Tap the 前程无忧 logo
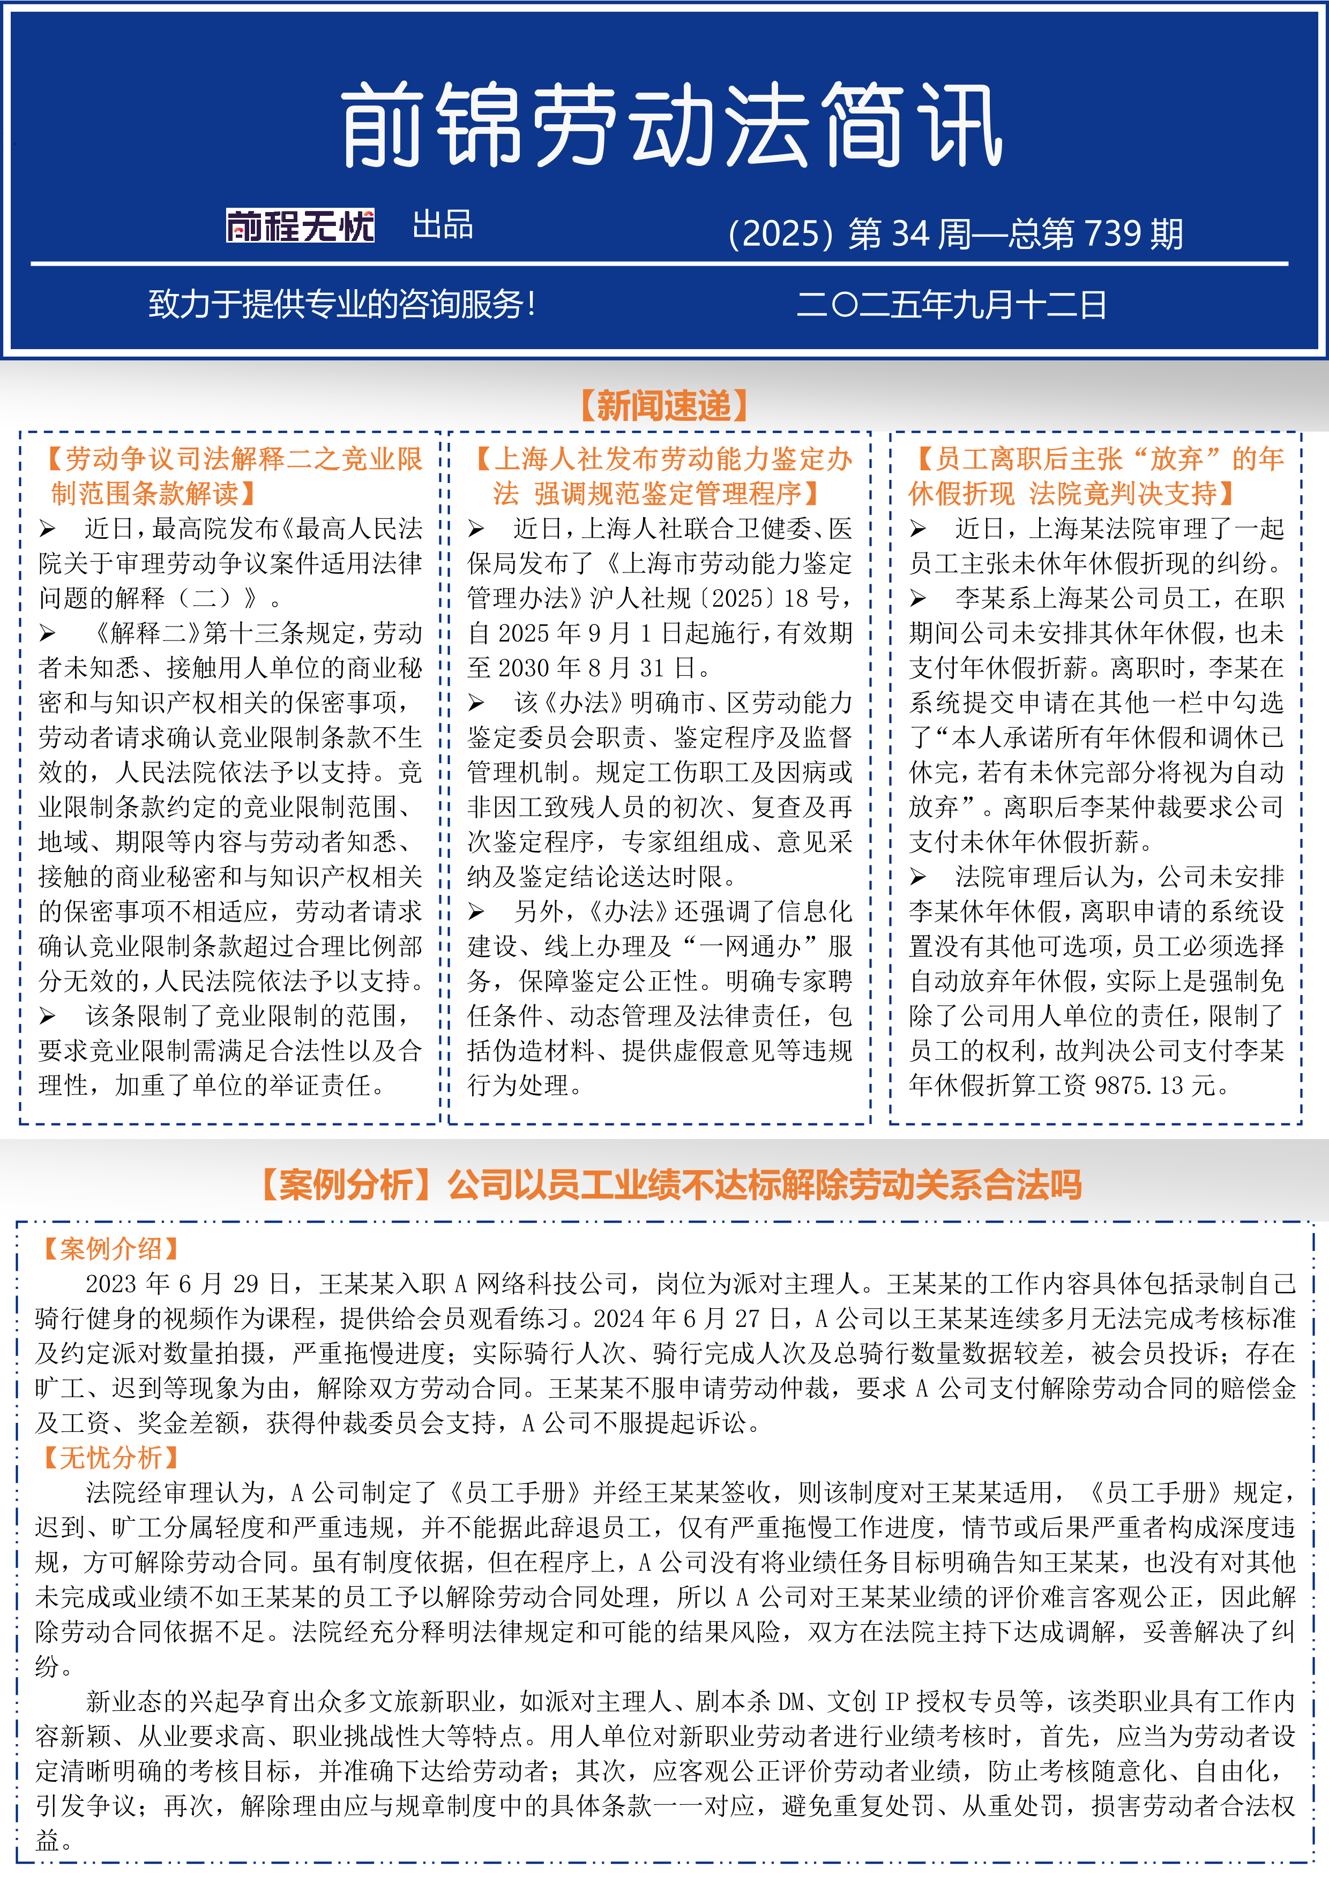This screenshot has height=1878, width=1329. tap(300, 226)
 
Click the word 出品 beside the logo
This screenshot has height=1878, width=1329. tap(443, 225)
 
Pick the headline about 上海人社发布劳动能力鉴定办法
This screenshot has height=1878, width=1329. tap(663, 476)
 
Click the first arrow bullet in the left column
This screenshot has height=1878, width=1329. tap(48, 529)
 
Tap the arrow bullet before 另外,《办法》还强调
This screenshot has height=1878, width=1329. tap(477, 912)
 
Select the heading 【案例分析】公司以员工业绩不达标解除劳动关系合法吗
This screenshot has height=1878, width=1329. tap(671, 1185)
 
